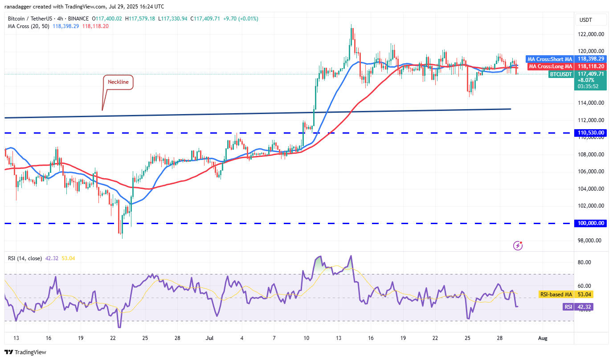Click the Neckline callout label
pyautogui.click(x=118, y=82)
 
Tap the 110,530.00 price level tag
pyautogui.click(x=591, y=133)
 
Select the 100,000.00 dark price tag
pyautogui.click(x=591, y=223)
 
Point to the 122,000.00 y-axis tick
pyautogui.click(x=591, y=34)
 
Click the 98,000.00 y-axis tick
pyautogui.click(x=591, y=241)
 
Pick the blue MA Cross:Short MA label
pyautogui.click(x=549, y=59)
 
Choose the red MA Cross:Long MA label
pyautogui.click(x=550, y=66)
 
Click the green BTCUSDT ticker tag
pyautogui.click(x=560, y=74)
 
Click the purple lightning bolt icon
pyautogui.click(x=518, y=245)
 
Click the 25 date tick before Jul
pyautogui.click(x=145, y=338)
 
